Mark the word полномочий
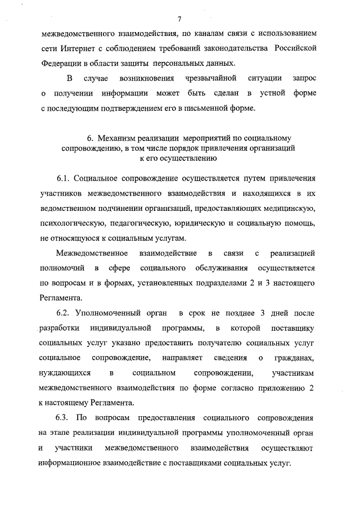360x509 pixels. coord(62,268)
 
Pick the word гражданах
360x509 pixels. coord(294,358)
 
